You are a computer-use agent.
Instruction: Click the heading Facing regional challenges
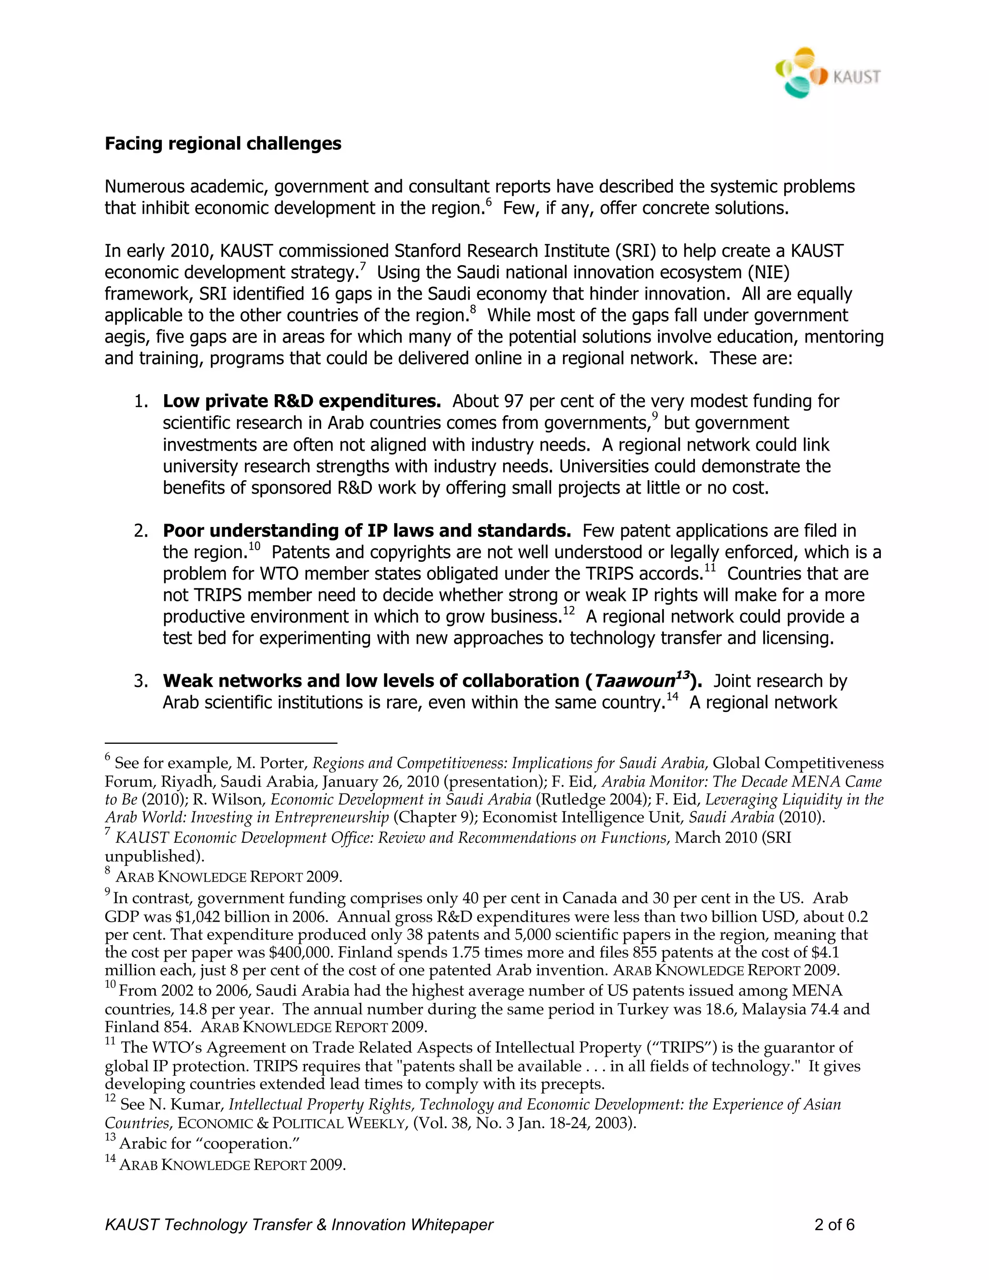click(x=223, y=143)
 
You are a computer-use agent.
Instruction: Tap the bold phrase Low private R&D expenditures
click(x=301, y=401)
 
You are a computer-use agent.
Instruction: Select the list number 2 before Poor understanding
click(x=140, y=531)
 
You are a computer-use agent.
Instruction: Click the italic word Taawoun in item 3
click(x=635, y=681)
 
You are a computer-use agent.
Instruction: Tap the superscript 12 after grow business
click(x=568, y=611)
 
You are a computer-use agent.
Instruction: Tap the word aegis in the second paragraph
click(x=124, y=337)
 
